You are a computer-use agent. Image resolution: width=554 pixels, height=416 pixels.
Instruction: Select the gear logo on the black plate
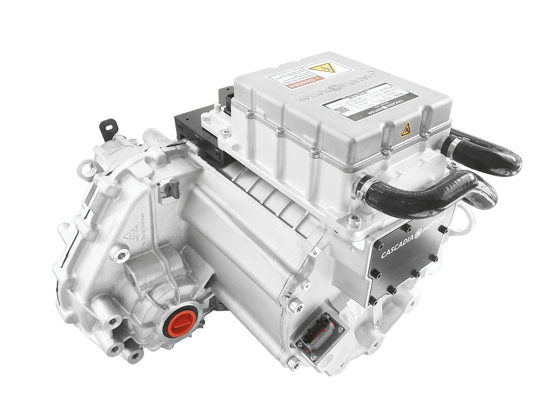tap(419, 234)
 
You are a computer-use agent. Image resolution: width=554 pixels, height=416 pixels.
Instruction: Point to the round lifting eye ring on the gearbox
tap(84, 169)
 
